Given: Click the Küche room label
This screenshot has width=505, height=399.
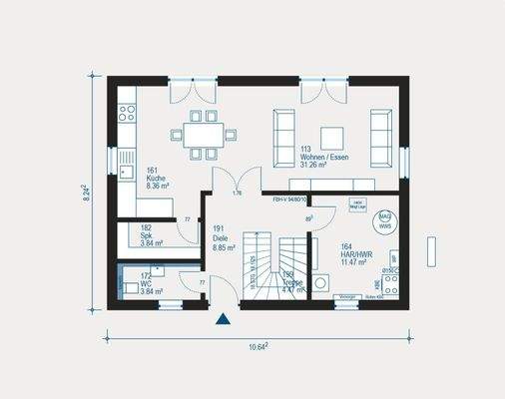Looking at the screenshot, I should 157,178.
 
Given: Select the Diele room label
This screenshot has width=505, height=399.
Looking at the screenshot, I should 219,235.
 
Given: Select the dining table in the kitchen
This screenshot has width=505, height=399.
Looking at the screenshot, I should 203,135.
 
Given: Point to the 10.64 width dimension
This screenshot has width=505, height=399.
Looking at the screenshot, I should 256,346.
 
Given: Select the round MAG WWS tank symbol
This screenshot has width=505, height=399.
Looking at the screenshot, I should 384,219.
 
